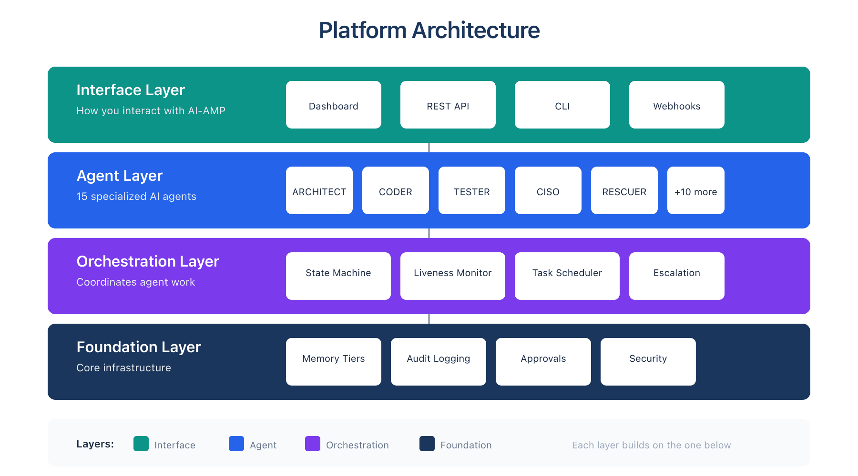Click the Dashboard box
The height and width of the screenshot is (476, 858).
334,105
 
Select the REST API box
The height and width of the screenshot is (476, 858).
448,105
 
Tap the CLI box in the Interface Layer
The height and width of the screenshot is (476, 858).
562,105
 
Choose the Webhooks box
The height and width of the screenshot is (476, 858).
677,105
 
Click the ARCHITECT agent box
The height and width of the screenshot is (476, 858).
319,190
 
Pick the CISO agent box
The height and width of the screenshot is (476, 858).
548,190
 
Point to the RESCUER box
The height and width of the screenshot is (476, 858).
624,190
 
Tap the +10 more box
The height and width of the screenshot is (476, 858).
696,190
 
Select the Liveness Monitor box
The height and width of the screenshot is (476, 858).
453,276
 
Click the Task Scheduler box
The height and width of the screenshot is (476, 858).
567,276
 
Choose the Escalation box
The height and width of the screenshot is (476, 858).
677,276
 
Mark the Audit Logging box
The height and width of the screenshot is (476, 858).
439,362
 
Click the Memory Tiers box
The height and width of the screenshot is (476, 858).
334,362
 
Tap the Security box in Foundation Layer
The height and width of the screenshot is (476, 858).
648,362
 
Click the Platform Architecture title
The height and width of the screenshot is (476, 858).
429,30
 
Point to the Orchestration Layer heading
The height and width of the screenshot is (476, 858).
148,261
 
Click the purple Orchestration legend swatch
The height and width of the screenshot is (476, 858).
313,444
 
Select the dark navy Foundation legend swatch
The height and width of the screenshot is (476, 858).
427,444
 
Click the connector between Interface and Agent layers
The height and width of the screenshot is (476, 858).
429,148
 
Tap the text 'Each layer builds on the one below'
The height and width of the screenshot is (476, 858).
651,445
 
